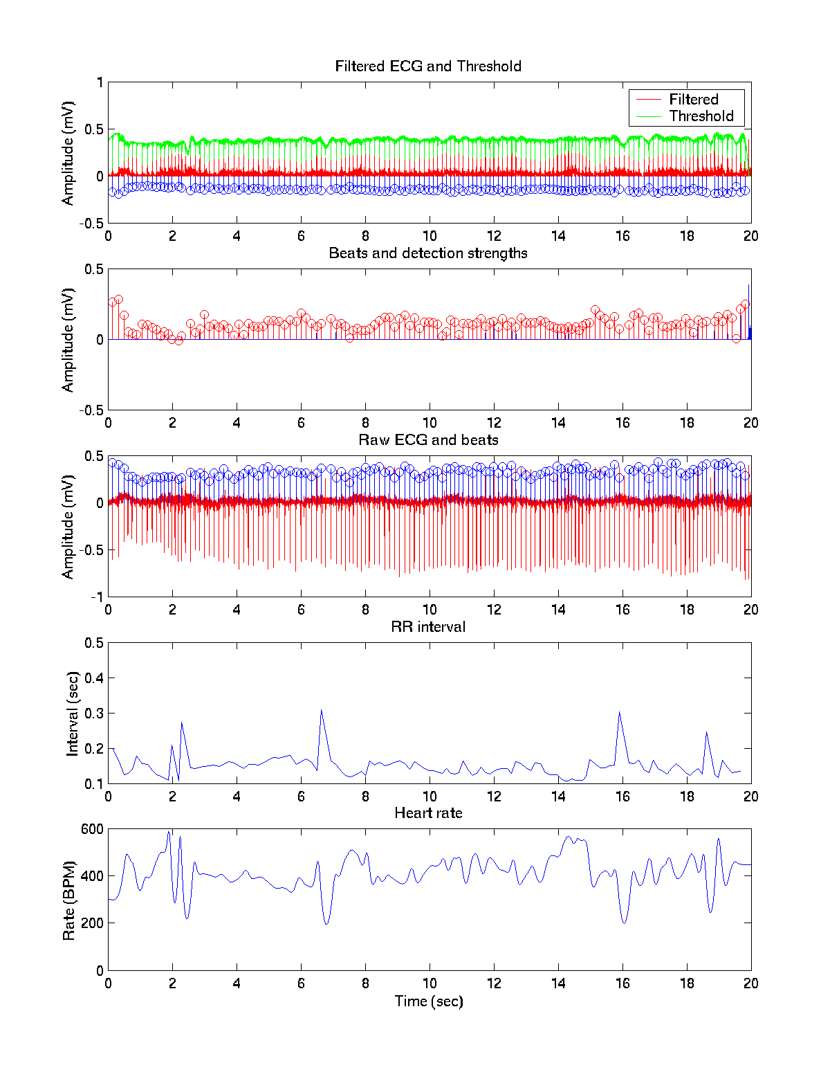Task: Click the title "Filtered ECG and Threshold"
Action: [x=428, y=66]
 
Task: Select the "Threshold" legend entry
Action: [x=701, y=116]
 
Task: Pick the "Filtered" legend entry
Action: [x=693, y=100]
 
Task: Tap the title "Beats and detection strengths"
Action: [x=428, y=253]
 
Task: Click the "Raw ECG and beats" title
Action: [x=428, y=440]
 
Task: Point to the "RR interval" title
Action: [x=428, y=627]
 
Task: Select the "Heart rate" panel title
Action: [x=428, y=813]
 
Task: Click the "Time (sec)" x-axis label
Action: [x=429, y=1001]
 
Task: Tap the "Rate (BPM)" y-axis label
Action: [x=68, y=900]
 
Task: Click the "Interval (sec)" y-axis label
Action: [x=72, y=714]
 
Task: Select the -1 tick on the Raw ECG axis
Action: [x=98, y=597]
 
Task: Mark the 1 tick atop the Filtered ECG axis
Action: [x=100, y=82]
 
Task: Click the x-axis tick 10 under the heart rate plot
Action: [x=430, y=983]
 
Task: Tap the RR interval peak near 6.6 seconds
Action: [x=321, y=710]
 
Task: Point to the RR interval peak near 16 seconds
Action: [x=619, y=713]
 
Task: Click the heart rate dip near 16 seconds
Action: [x=624, y=923]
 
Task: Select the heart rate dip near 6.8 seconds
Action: [x=326, y=924]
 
